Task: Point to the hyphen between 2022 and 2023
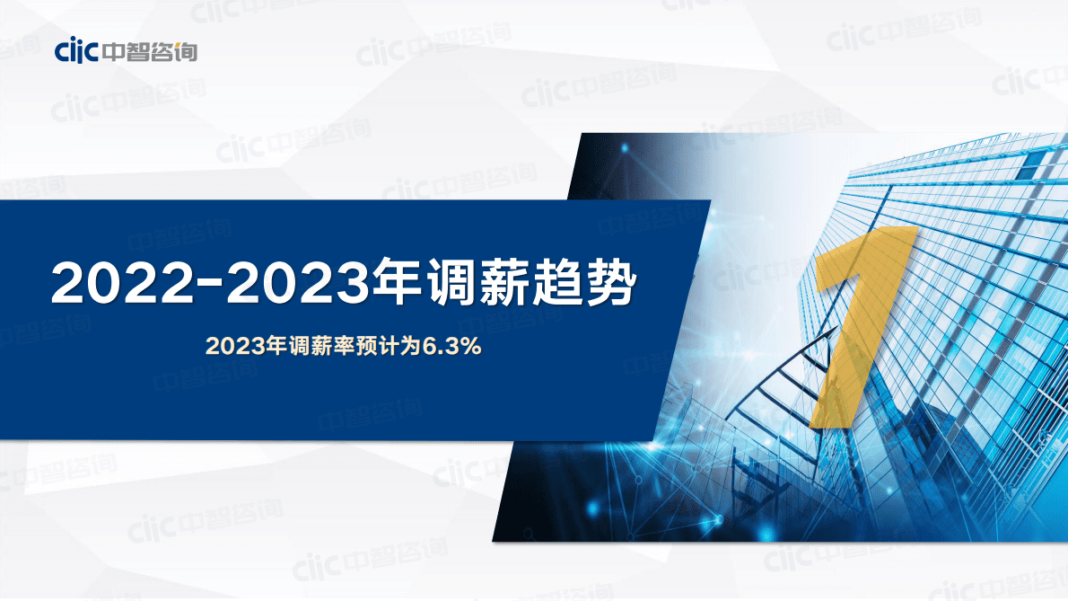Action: point(212,284)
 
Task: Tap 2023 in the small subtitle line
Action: point(228,347)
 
